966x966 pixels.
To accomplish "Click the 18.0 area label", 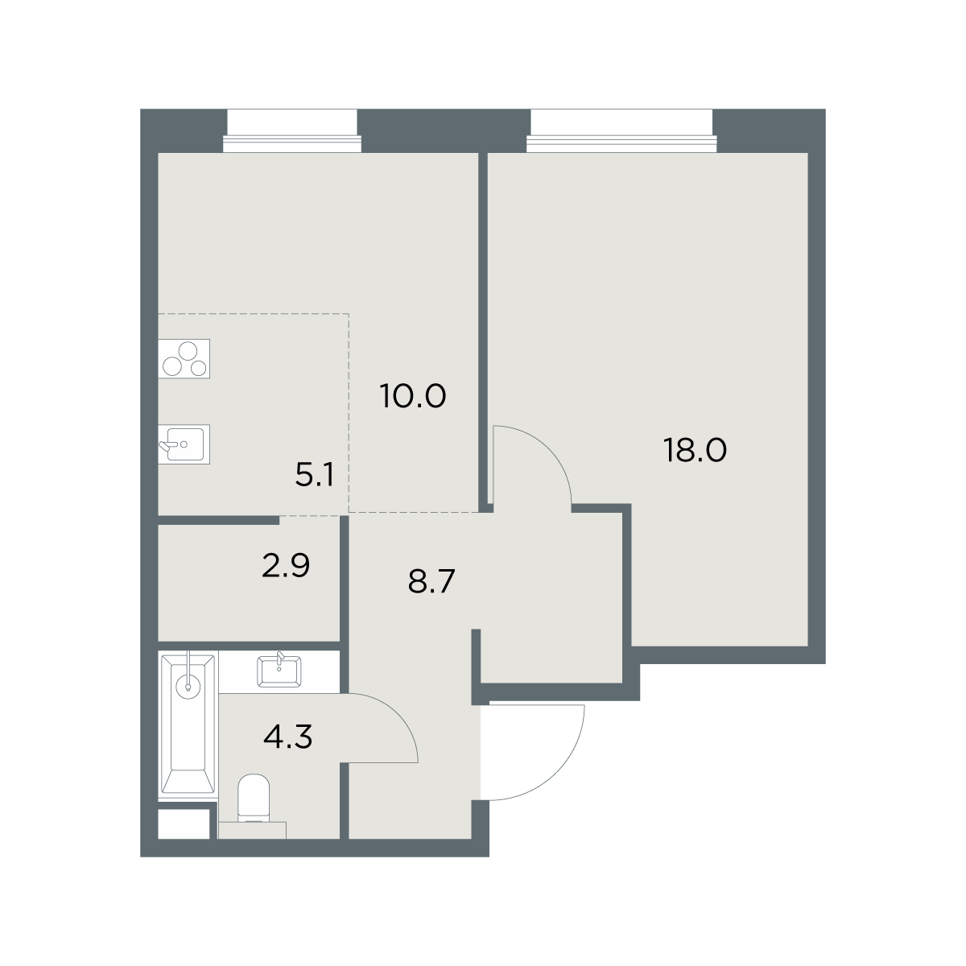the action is point(694,450).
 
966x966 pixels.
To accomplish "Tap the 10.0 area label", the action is point(413,396).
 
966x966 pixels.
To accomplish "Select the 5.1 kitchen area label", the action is point(314,475).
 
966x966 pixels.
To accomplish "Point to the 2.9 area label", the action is point(286,565).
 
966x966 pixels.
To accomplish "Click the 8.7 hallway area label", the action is point(431,581).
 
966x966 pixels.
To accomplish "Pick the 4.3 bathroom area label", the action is point(287,737).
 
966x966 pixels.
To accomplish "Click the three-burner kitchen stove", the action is point(184,358).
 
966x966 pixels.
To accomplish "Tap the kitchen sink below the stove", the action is point(184,444).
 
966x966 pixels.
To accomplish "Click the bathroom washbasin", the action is point(279,671).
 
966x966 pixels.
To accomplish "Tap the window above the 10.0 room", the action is point(292,130).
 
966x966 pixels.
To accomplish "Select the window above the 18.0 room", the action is point(621,130).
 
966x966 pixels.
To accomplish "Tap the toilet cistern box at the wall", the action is point(252,830).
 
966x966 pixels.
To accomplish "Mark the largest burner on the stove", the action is point(188,350).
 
